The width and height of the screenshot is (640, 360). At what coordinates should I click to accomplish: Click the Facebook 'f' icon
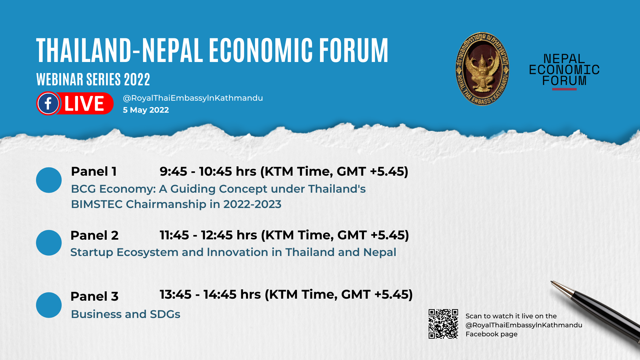[48, 103]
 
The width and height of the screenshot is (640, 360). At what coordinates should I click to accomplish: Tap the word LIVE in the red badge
[84, 104]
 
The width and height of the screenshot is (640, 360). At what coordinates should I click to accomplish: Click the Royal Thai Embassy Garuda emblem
[482, 69]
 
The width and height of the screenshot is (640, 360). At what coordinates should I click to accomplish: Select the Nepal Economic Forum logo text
[564, 70]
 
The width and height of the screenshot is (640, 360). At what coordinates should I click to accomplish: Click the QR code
[443, 324]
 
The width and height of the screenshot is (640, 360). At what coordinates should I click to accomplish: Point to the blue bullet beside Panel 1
[49, 180]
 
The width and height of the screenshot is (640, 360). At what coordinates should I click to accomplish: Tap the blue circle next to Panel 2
[49, 243]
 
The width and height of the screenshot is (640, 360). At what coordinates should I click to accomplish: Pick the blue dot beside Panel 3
[49, 305]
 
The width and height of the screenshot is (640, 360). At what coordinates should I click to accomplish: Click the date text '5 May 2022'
[146, 110]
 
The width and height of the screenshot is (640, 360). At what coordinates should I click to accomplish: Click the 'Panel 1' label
[94, 172]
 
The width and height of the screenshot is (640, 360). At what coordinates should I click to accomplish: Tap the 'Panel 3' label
[94, 296]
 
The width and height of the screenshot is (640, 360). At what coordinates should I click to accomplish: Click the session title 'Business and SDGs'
[126, 314]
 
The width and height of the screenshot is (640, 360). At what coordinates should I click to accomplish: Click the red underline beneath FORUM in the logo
[564, 89]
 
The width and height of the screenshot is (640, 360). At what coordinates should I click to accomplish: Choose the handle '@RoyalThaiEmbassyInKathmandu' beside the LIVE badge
[193, 98]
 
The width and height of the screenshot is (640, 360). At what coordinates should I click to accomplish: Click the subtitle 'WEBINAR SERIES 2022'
[93, 79]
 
